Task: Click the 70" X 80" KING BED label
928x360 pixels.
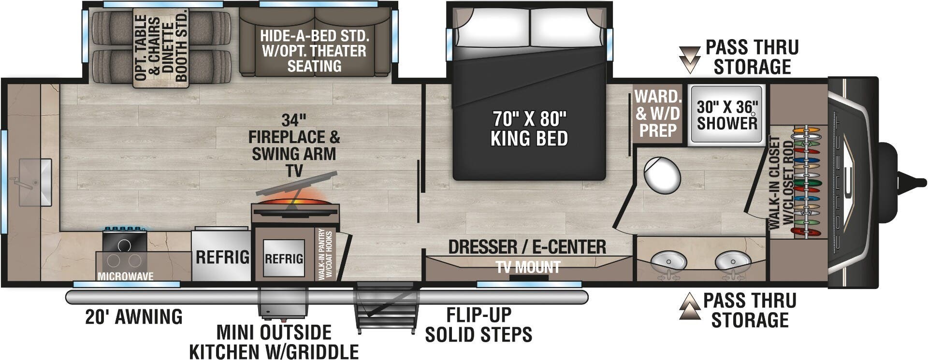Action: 529,128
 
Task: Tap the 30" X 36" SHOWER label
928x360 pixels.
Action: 726,115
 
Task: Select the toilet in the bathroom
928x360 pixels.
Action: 661,175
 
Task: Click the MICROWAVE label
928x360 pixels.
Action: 125,276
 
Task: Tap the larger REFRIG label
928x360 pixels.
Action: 222,257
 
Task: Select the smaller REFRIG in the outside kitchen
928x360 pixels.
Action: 284,259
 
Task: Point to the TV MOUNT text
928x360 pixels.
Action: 528,267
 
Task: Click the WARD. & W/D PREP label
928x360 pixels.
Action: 657,113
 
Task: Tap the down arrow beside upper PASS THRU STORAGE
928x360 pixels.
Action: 690,59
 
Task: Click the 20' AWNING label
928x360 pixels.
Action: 134,317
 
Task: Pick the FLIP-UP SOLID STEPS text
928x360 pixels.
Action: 478,324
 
